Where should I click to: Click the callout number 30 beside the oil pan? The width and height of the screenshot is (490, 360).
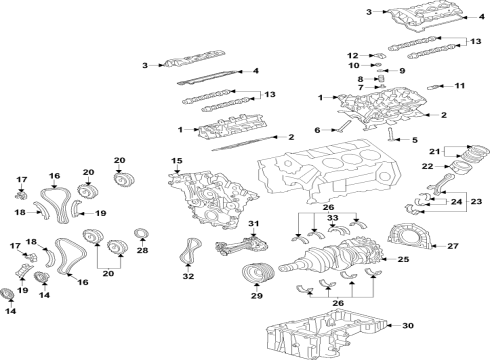tap(406, 326)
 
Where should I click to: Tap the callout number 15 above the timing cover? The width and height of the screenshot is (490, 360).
tap(177, 161)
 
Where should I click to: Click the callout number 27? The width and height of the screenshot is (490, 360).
tap(452, 245)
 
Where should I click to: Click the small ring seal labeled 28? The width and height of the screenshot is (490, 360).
tap(141, 236)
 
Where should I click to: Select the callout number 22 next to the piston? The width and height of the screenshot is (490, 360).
tap(428, 166)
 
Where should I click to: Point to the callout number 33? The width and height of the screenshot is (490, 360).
tap(333, 217)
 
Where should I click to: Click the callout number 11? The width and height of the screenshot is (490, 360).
tap(460, 86)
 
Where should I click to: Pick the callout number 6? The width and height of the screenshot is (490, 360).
tap(317, 130)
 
